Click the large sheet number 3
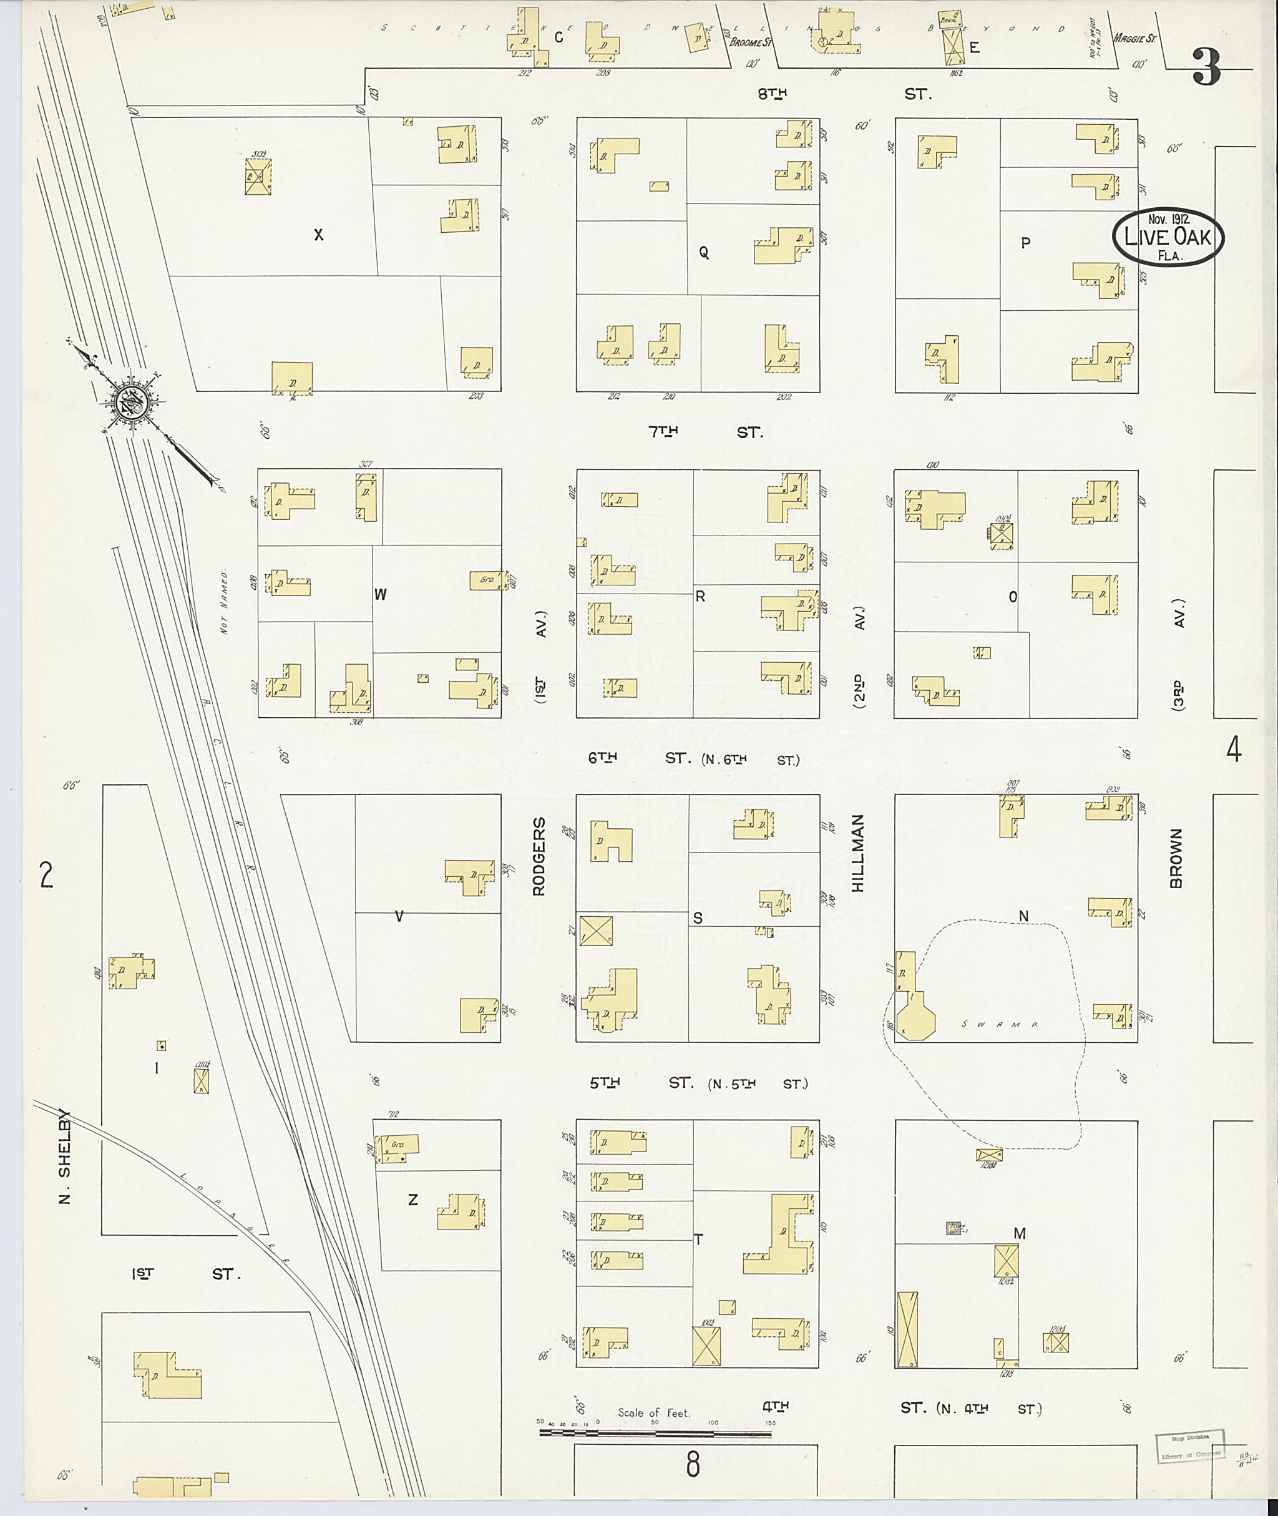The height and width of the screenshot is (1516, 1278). pyautogui.click(x=1206, y=67)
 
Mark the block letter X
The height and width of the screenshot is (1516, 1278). pyautogui.click(x=318, y=235)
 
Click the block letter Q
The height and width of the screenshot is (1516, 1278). pyautogui.click(x=703, y=252)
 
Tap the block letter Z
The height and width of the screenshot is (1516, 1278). pyautogui.click(x=413, y=1200)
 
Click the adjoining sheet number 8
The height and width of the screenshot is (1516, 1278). pyautogui.click(x=693, y=1480)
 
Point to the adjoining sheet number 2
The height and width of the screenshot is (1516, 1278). pyautogui.click(x=46, y=876)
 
